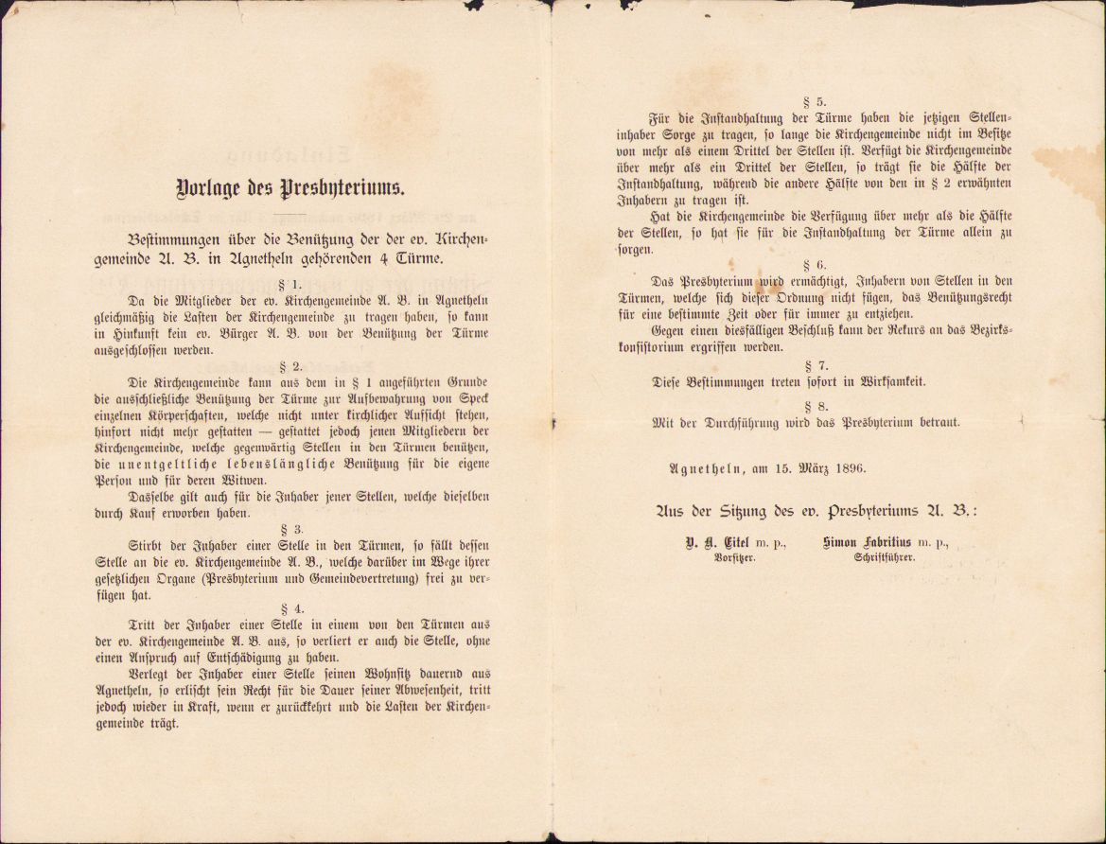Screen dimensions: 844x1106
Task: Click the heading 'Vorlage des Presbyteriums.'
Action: [290, 187]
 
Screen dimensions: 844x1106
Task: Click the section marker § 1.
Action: [291, 284]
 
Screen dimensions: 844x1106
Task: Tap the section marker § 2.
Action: [291, 365]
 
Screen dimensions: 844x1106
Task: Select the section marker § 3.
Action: [291, 529]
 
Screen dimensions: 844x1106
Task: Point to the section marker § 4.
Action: [291, 609]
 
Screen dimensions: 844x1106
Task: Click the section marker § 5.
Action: [814, 101]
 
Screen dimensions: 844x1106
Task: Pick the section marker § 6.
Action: [814, 265]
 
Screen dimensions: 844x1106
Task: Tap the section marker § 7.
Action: [814, 364]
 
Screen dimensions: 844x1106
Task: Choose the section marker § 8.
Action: [814, 405]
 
